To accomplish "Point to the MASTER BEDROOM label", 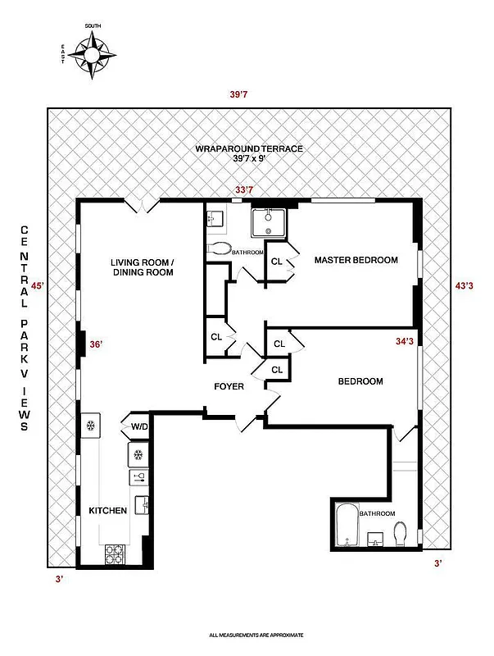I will (356, 260).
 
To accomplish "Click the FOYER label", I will (229, 386).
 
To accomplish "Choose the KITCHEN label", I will (107, 511).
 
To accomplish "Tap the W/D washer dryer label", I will (136, 426).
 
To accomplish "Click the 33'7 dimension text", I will (244, 190).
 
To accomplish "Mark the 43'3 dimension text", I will (464, 286).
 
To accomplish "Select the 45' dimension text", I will (37, 286).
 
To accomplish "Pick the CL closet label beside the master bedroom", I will (277, 262).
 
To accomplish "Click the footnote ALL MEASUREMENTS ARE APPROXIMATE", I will (256, 635).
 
